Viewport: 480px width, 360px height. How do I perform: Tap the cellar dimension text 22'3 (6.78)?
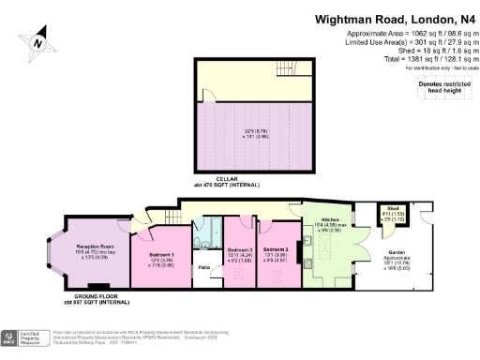pyautogui.click(x=251, y=131)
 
